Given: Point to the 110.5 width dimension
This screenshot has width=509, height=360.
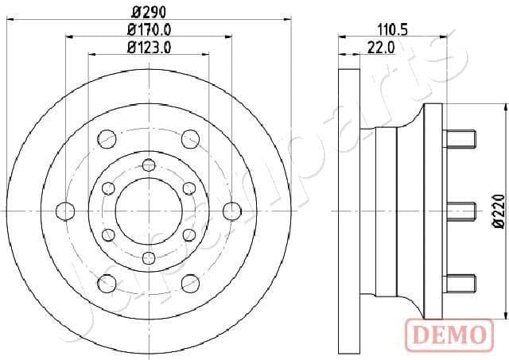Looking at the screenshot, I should [x=393, y=30].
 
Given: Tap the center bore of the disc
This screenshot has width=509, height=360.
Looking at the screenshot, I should [x=149, y=211].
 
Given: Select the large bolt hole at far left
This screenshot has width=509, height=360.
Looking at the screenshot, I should [x=65, y=211].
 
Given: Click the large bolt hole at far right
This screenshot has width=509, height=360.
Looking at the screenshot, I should [x=231, y=211].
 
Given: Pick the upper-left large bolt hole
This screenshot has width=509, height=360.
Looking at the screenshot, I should [x=107, y=139].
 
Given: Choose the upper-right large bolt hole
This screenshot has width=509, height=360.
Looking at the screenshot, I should [x=190, y=139].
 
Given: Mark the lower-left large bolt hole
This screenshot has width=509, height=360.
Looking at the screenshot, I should [x=107, y=282].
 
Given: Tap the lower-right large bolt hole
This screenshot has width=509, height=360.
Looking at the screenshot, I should [x=190, y=282].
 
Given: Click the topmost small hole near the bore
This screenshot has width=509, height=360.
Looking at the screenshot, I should [x=149, y=165].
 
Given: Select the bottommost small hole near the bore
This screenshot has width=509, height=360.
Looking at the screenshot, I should [x=149, y=257].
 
